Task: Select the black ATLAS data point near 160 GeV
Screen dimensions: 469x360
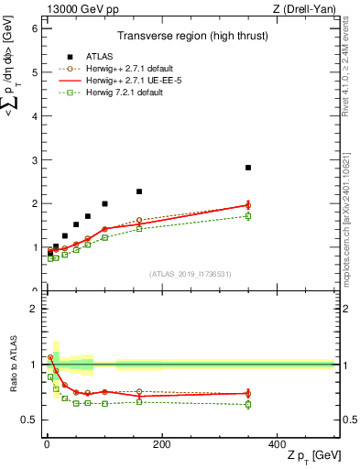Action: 139,191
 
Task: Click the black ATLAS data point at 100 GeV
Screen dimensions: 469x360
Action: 104,203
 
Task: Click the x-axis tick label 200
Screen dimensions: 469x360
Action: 161,444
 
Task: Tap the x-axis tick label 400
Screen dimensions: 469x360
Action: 277,444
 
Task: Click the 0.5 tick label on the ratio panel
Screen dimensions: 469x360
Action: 30,420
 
